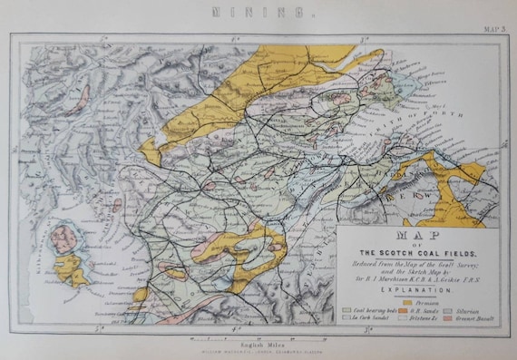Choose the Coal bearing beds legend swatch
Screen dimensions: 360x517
(347, 311)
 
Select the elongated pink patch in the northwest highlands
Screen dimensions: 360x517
(81, 93)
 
